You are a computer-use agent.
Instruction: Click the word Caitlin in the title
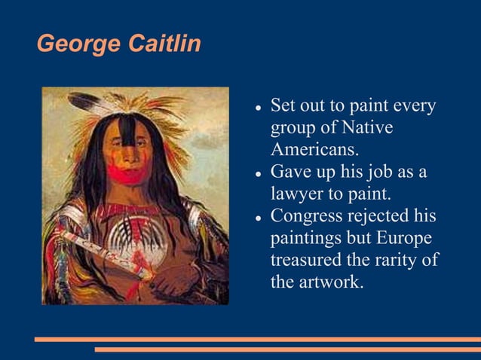pos(164,44)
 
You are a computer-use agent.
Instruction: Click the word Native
pos(366,127)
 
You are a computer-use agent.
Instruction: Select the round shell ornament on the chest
pos(134,237)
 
